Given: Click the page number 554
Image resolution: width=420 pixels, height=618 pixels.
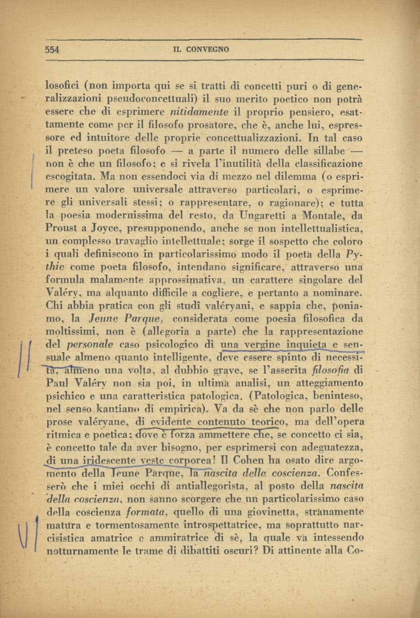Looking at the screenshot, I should (x=53, y=50).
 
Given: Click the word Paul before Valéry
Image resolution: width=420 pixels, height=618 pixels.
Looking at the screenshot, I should (x=56, y=383).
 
